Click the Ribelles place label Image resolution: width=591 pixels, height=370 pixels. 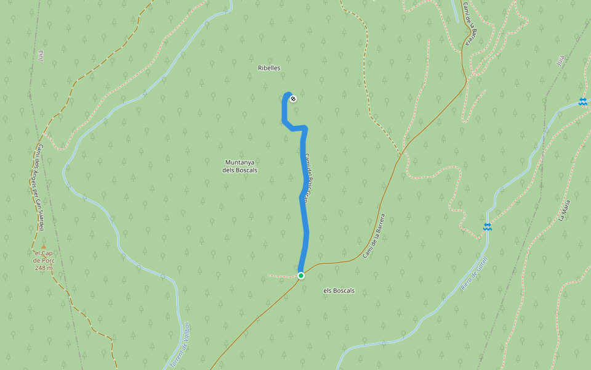click(x=269, y=68)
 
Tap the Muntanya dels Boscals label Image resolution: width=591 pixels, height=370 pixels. click(x=241, y=166)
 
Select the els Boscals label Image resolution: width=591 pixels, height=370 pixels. click(x=339, y=290)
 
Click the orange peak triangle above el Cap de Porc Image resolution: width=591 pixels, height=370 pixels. click(x=43, y=247)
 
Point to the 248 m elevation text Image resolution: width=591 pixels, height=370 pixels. click(x=44, y=268)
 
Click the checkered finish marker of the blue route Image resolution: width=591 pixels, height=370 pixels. click(x=293, y=98)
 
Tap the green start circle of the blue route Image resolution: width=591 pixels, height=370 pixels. click(x=301, y=276)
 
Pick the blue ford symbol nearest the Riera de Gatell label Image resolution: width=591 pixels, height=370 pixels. click(x=488, y=227)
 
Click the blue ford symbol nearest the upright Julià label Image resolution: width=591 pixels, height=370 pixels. click(x=582, y=102)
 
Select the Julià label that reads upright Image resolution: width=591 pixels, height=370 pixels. click(x=560, y=60)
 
